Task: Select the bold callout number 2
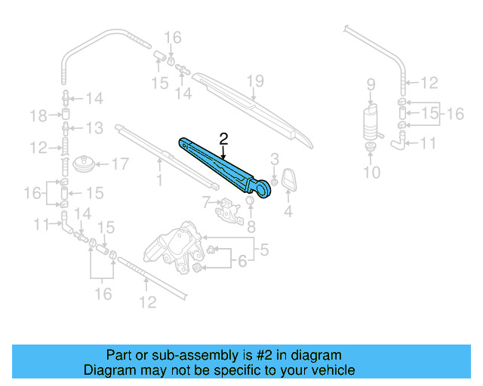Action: (x=223, y=138)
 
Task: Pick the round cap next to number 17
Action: (x=87, y=164)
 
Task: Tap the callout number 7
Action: (x=205, y=201)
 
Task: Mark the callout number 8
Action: (x=252, y=225)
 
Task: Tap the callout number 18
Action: (x=38, y=115)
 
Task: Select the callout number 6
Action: (x=241, y=262)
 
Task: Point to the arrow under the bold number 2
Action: (x=223, y=152)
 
